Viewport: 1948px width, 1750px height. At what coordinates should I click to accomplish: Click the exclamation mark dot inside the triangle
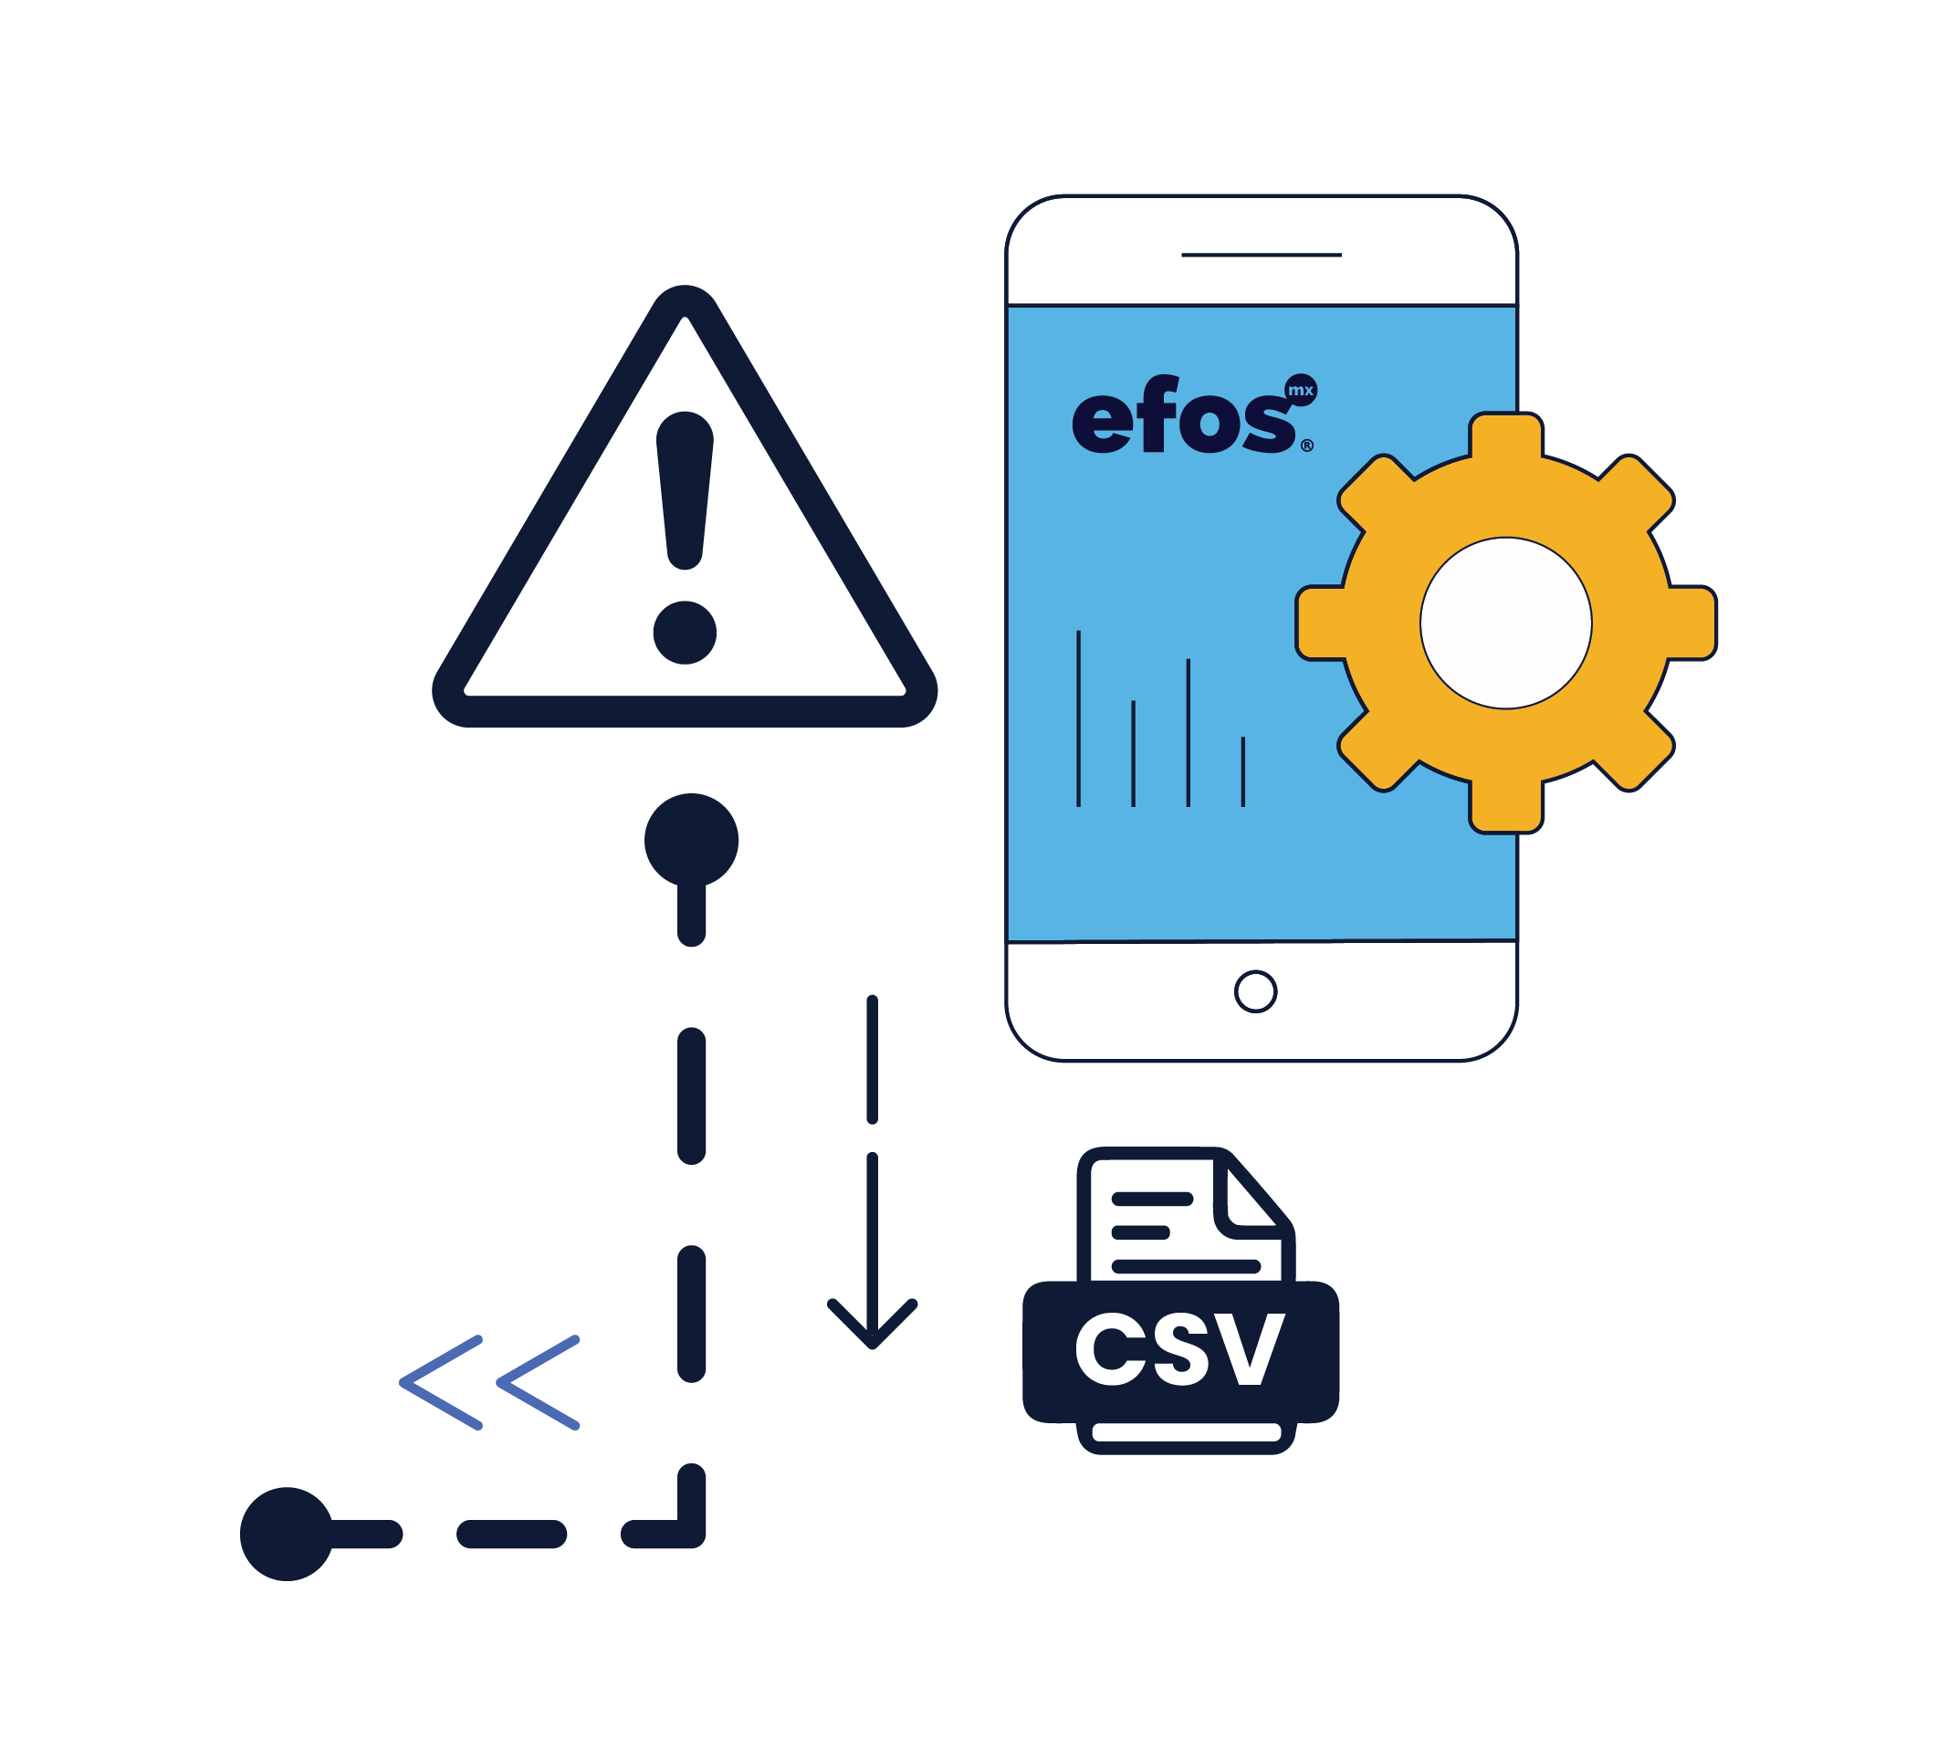(684, 633)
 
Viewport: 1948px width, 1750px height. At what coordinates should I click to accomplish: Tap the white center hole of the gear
(1504, 624)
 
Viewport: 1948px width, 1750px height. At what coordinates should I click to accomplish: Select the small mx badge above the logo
(1300, 391)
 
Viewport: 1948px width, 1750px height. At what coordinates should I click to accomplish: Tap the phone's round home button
(1255, 991)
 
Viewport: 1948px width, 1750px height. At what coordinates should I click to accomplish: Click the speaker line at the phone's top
(1261, 255)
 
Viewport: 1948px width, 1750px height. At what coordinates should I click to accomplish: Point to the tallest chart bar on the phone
(1078, 718)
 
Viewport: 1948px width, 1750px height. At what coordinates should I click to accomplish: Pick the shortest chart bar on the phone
(1242, 771)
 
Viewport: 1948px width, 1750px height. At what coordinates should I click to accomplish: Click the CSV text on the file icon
(1178, 1351)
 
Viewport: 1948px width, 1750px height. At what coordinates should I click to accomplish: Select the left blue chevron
(441, 1382)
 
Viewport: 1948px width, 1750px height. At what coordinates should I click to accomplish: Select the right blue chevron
(539, 1382)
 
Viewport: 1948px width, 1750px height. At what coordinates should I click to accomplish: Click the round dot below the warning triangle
(690, 840)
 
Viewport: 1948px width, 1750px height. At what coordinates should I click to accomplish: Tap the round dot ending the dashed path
(287, 1534)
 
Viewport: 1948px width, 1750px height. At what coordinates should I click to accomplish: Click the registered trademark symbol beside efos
(1306, 445)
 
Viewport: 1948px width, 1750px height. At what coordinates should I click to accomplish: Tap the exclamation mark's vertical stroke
(684, 490)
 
